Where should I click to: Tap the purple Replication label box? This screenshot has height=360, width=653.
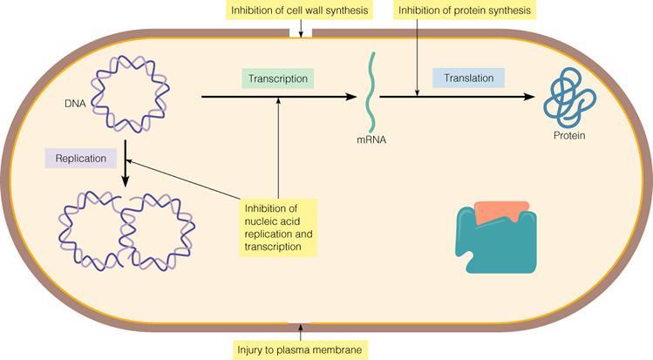click(80, 160)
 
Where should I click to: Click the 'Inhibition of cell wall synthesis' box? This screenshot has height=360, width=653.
click(299, 11)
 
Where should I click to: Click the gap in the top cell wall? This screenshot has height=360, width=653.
click(300, 34)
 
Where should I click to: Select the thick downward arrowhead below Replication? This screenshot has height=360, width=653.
click(126, 181)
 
